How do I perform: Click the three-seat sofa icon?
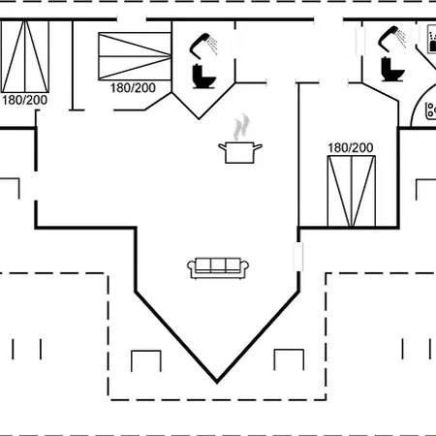(x=218, y=267)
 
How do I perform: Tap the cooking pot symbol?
(x=240, y=152)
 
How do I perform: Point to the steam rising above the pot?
(x=241, y=127)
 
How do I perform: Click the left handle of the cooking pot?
(x=222, y=147)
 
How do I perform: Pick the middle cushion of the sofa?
(x=218, y=265)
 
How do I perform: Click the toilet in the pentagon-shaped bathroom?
(x=203, y=77)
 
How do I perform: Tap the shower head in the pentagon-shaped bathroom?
(x=202, y=46)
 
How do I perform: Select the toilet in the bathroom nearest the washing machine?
(x=392, y=69)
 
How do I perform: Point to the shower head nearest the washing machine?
(x=391, y=39)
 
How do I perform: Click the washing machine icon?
(x=431, y=39)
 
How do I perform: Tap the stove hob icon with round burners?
(x=431, y=110)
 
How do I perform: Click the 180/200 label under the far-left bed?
(x=25, y=100)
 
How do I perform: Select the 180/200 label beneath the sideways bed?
(x=133, y=88)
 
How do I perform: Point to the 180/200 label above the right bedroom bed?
(x=351, y=148)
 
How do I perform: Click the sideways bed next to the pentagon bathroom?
(x=135, y=56)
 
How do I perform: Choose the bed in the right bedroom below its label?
(x=352, y=191)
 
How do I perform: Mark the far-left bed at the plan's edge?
(x=24, y=56)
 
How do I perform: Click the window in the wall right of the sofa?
(x=298, y=257)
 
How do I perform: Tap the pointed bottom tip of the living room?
(x=217, y=383)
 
